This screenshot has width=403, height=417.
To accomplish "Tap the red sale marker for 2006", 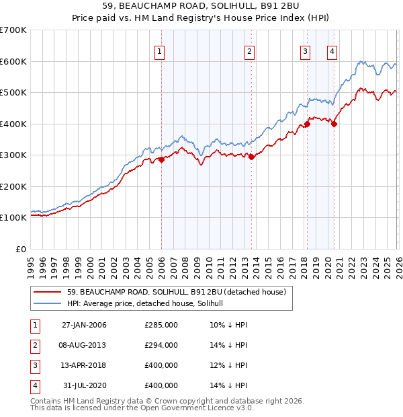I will [161, 160].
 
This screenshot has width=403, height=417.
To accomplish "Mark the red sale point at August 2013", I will [251, 157].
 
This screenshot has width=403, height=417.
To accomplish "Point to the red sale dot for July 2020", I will [334, 124].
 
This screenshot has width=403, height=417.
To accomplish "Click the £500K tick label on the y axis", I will [13, 92].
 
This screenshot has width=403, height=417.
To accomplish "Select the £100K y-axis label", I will [13, 217].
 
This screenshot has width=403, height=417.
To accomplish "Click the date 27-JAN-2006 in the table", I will [84, 325].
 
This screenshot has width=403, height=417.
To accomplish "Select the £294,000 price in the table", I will [161, 345].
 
